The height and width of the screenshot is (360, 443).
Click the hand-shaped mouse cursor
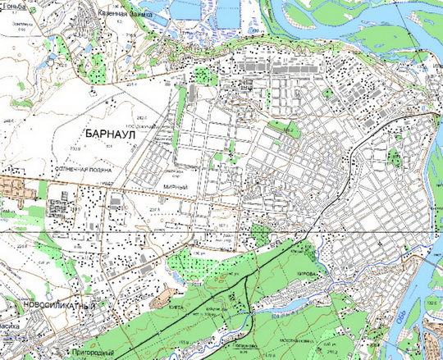(52, 58)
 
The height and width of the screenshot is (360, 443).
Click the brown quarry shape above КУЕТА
(163, 291)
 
